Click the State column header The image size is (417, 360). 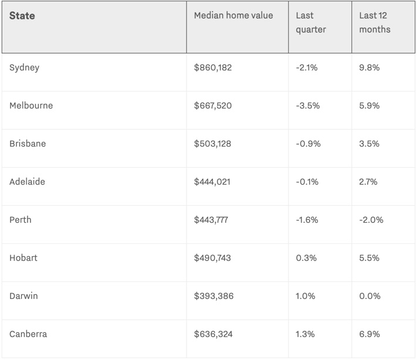(22, 16)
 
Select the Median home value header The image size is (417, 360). (233, 15)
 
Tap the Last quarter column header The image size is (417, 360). (311, 22)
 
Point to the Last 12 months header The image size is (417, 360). (376, 22)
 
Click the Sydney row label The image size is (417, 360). (25, 67)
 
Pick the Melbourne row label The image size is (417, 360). (31, 106)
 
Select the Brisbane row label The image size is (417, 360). (28, 144)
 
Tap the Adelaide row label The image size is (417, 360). (27, 182)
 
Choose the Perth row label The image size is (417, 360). (21, 220)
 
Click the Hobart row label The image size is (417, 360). (23, 258)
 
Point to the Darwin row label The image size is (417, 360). (23, 296)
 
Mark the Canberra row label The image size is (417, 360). (28, 334)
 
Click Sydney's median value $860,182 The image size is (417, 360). (213, 67)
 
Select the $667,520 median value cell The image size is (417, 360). (213, 106)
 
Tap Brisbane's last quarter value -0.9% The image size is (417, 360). (308, 144)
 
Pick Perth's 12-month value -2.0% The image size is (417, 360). (372, 220)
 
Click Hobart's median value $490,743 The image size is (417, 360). (213, 258)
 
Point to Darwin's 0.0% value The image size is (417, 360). (370, 296)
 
